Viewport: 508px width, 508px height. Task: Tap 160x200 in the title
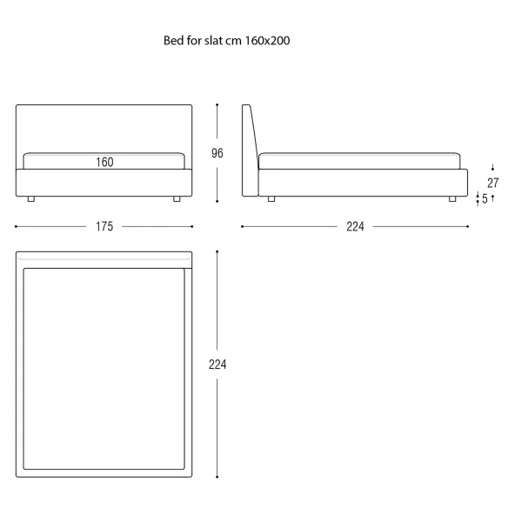[x=267, y=41]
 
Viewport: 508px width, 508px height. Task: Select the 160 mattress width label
[x=104, y=162]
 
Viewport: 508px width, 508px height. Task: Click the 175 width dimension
[x=104, y=226]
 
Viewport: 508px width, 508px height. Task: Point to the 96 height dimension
[x=217, y=153]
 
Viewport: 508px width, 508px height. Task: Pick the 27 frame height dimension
[x=492, y=183]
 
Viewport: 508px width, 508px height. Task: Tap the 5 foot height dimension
[x=485, y=198]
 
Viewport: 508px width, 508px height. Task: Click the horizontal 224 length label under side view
[x=355, y=226]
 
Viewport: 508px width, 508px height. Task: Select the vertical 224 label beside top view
[x=217, y=364]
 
